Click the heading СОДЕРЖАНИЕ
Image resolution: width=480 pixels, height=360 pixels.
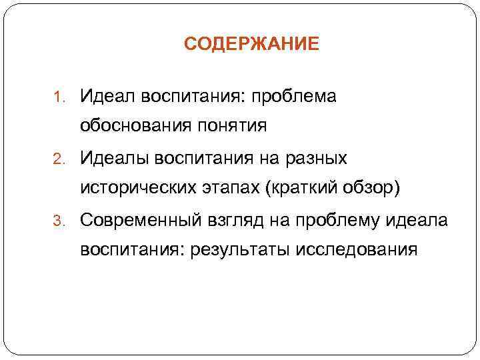coord(251,45)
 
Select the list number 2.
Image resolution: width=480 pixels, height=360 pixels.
coord(57,159)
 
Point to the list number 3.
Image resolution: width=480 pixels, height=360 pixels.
coord(57,221)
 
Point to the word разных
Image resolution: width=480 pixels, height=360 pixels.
coord(317,158)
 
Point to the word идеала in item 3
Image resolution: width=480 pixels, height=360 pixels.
coord(422,220)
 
